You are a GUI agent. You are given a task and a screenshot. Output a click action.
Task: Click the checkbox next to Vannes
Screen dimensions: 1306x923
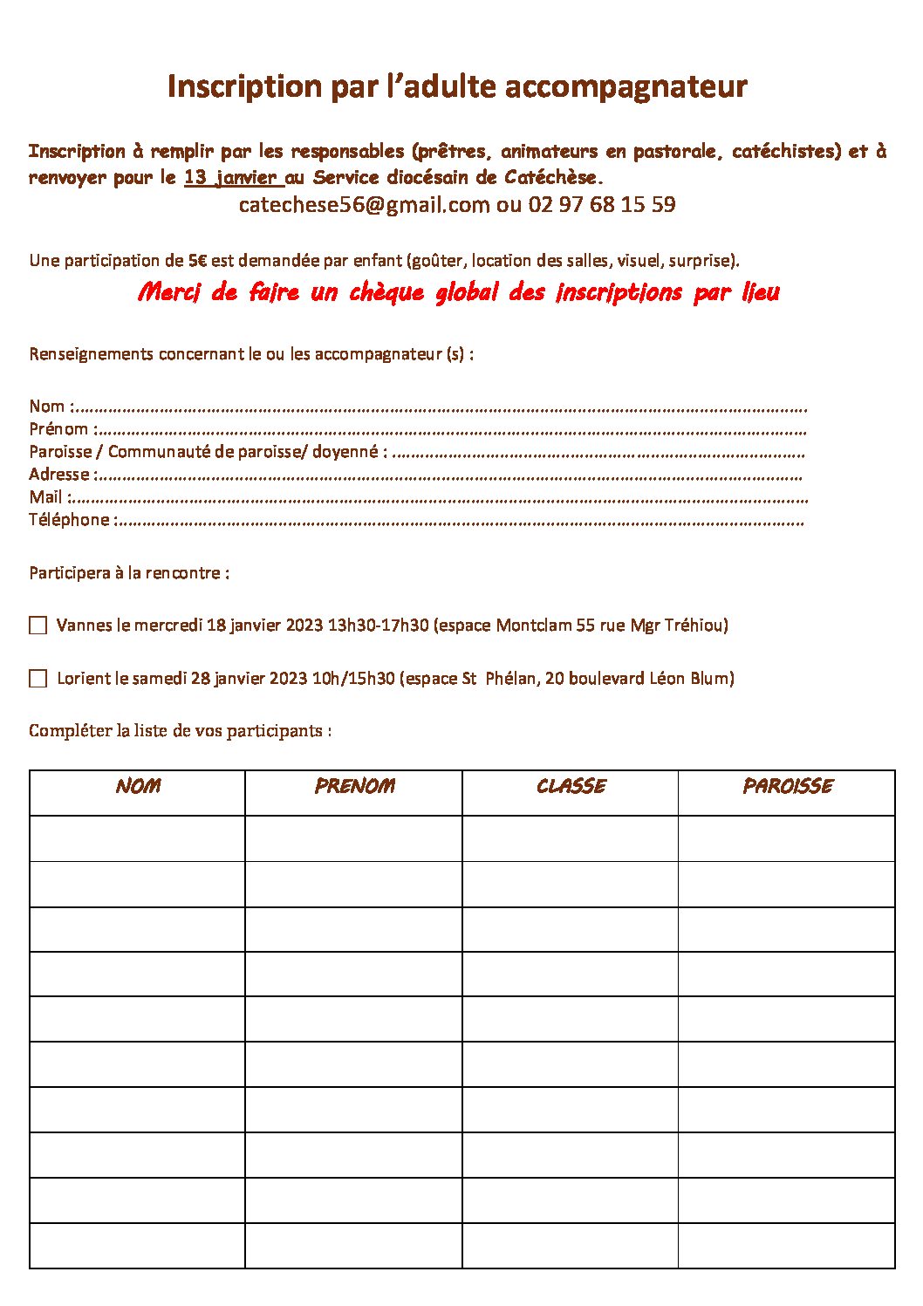click(x=38, y=626)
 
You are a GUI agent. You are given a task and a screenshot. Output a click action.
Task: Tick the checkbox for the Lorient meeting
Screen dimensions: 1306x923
click(x=38, y=679)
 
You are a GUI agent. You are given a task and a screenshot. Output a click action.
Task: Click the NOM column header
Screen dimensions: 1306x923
click(x=138, y=786)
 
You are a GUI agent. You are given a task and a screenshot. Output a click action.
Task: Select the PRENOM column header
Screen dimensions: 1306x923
click(x=354, y=786)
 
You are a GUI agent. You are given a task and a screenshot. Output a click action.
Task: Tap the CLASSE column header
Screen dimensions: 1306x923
click(x=571, y=786)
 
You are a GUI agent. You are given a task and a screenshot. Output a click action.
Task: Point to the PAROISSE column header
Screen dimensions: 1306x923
click(x=787, y=786)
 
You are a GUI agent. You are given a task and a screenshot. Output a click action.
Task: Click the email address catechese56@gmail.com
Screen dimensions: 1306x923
click(x=364, y=205)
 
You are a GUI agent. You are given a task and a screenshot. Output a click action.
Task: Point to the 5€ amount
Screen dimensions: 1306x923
click(x=197, y=260)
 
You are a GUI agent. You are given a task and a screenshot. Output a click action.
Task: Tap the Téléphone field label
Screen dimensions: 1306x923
click(x=69, y=520)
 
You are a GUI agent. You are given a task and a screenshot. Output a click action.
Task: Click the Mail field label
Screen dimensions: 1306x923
click(x=45, y=497)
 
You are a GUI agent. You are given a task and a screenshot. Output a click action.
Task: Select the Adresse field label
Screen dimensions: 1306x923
click(x=59, y=475)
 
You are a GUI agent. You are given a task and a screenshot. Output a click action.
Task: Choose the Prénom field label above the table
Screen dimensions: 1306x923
click(x=58, y=429)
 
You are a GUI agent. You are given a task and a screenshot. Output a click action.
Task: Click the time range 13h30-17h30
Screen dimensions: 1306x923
click(x=378, y=626)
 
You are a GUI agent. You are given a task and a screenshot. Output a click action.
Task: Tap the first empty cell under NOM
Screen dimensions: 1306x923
click(x=137, y=838)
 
